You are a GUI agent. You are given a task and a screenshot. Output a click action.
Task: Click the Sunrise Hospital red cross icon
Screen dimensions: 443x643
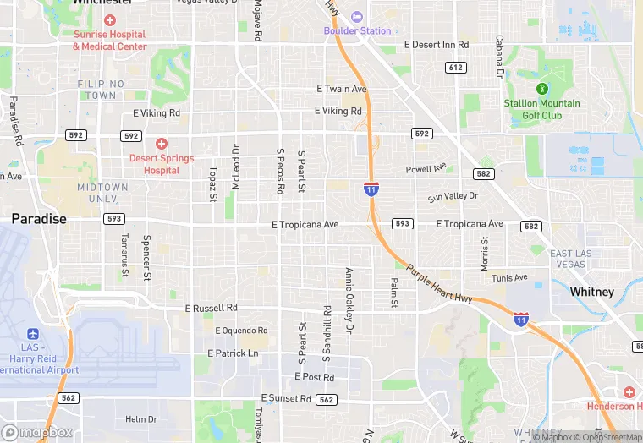pyautogui.click(x=109, y=19)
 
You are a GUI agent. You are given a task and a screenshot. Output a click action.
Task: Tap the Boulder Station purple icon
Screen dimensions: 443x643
pyautogui.click(x=356, y=17)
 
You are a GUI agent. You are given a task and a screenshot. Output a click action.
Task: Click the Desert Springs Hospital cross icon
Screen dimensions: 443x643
pyautogui.click(x=162, y=144)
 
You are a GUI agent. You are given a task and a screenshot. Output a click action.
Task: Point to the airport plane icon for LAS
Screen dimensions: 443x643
pyautogui.click(x=33, y=335)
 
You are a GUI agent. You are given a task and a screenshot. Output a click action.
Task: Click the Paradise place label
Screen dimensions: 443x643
pyautogui.click(x=39, y=218)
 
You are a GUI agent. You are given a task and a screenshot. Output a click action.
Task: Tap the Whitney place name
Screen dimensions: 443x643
pyautogui.click(x=591, y=292)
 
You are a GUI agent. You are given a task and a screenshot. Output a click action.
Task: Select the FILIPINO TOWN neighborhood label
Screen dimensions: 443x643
pyautogui.click(x=101, y=90)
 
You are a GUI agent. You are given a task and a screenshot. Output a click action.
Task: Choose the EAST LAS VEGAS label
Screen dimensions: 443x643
pyautogui.click(x=579, y=260)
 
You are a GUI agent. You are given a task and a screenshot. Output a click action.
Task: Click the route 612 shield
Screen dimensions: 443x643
pyautogui.click(x=456, y=67)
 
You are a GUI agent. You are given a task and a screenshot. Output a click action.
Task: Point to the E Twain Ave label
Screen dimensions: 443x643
pyautogui.click(x=342, y=89)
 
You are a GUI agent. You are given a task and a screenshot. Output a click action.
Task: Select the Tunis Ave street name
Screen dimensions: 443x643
pyautogui.click(x=509, y=277)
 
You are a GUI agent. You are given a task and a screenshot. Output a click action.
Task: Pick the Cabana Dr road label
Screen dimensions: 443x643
pyautogui.click(x=500, y=56)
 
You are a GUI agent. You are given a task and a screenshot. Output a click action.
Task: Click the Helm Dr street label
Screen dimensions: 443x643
pyautogui.click(x=141, y=419)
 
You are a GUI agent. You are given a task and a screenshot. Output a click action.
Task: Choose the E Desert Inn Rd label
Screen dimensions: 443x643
pyautogui.click(x=436, y=44)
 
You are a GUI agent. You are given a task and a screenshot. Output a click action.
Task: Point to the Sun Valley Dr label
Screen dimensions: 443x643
pyautogui.click(x=453, y=197)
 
